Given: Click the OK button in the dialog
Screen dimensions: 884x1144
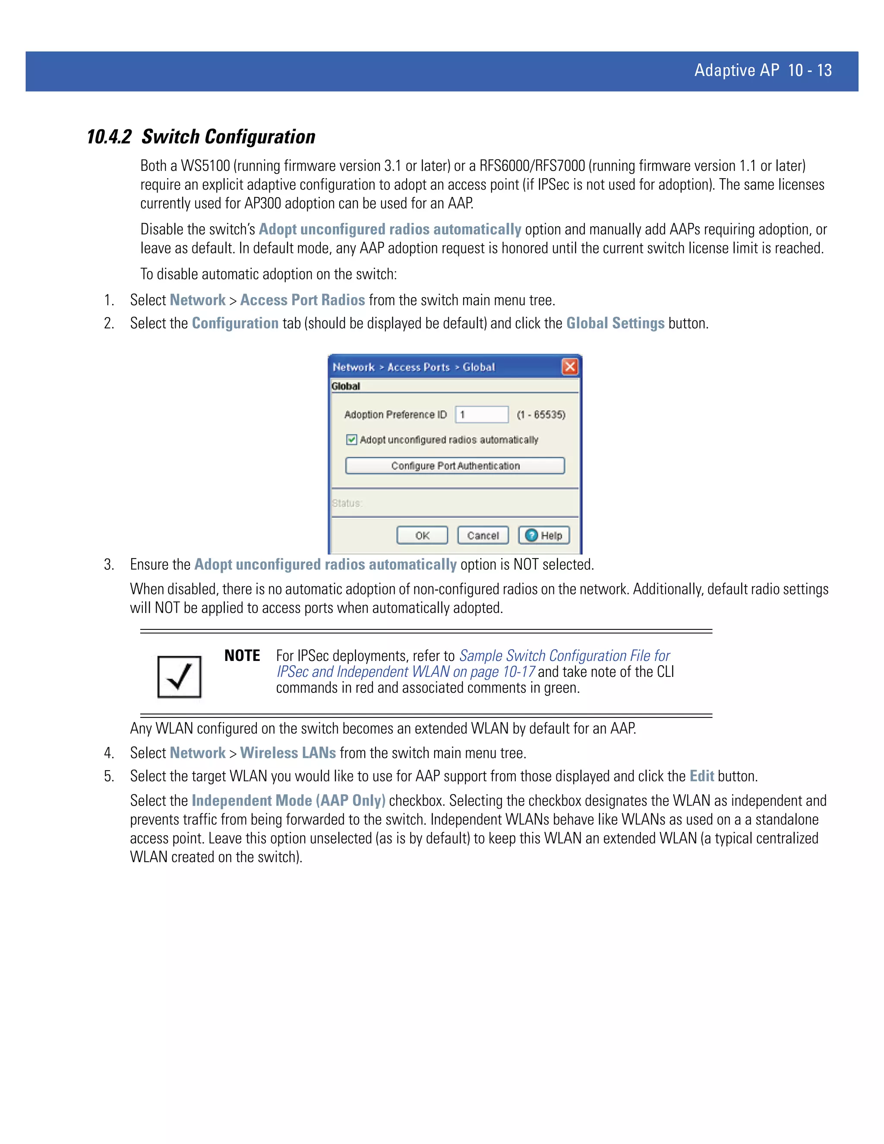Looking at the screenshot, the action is (x=422, y=535).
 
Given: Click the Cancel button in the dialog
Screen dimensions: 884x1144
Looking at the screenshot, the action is (x=483, y=535).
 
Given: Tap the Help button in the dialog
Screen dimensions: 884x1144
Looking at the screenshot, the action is (x=543, y=535).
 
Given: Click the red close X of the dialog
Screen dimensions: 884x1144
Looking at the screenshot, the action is (x=570, y=367).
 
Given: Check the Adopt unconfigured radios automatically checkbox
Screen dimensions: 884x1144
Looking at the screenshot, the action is (x=351, y=439).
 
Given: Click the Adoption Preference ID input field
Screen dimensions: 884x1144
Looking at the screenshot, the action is (x=481, y=414).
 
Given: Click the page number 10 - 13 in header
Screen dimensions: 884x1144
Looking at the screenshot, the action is (x=810, y=70).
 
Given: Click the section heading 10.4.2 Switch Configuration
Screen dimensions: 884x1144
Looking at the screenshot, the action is (x=201, y=137).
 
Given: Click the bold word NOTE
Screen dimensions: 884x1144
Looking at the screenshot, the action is (x=242, y=656).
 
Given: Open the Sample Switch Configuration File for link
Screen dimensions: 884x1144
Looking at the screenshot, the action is (x=565, y=656).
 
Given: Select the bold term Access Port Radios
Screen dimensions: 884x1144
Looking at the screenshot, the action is (x=302, y=300).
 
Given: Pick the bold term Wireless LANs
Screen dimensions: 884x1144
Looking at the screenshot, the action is (x=287, y=753).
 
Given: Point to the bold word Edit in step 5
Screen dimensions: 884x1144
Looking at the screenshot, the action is (x=701, y=776).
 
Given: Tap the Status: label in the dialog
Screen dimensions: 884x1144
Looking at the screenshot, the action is (x=347, y=503).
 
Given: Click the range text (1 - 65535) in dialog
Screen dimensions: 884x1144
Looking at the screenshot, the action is (x=541, y=414).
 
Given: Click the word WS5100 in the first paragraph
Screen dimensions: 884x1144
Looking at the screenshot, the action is (x=205, y=166).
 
